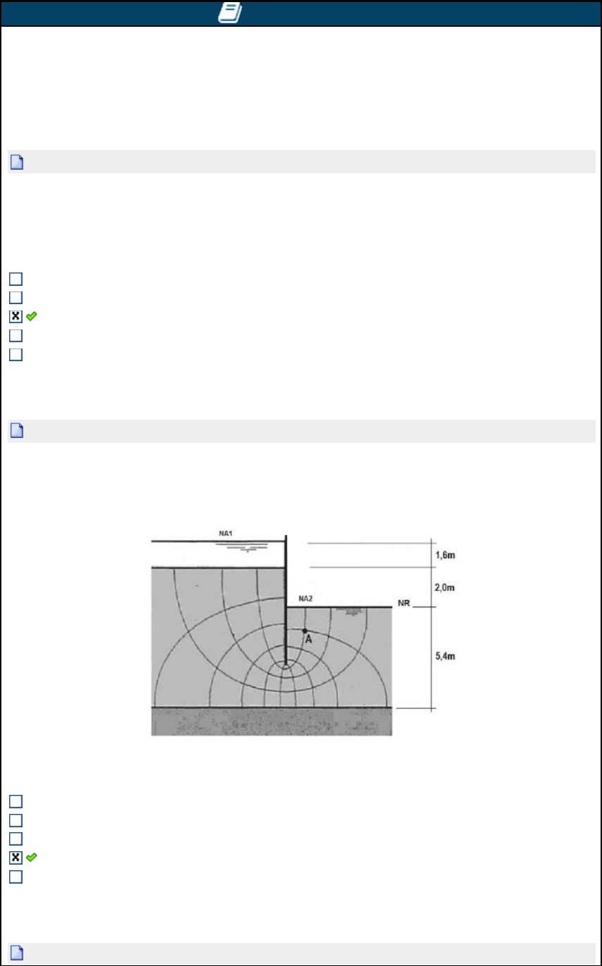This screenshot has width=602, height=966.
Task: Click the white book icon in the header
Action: point(230,13)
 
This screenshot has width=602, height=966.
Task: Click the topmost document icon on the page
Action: point(17,162)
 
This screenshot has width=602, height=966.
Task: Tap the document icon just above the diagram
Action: point(17,430)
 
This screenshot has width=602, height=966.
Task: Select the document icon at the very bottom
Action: point(17,953)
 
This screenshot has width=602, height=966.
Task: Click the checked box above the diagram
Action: point(15,316)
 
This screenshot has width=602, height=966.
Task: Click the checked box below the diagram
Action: point(15,858)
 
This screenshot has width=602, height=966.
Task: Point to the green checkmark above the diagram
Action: point(32,317)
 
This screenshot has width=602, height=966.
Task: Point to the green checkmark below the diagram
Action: point(32,858)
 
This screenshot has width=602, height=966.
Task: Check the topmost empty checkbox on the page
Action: point(15,279)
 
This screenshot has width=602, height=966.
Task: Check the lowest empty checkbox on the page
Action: point(15,877)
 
